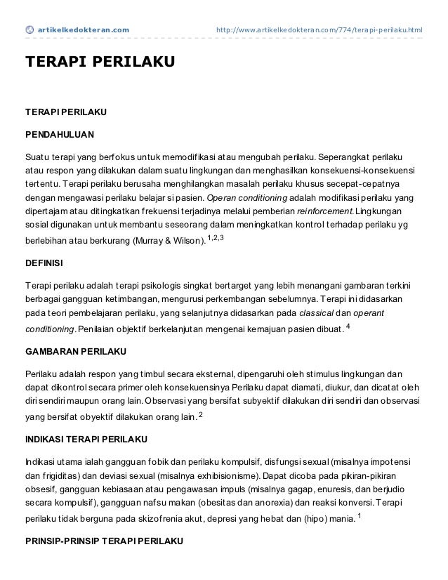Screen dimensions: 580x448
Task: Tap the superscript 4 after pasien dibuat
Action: (x=349, y=327)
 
